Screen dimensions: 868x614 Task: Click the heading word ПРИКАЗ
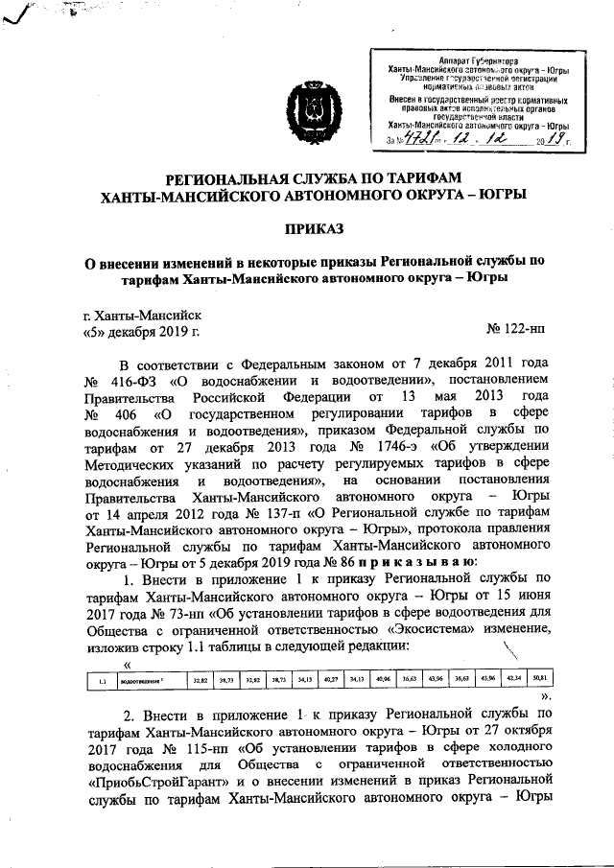(306, 227)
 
